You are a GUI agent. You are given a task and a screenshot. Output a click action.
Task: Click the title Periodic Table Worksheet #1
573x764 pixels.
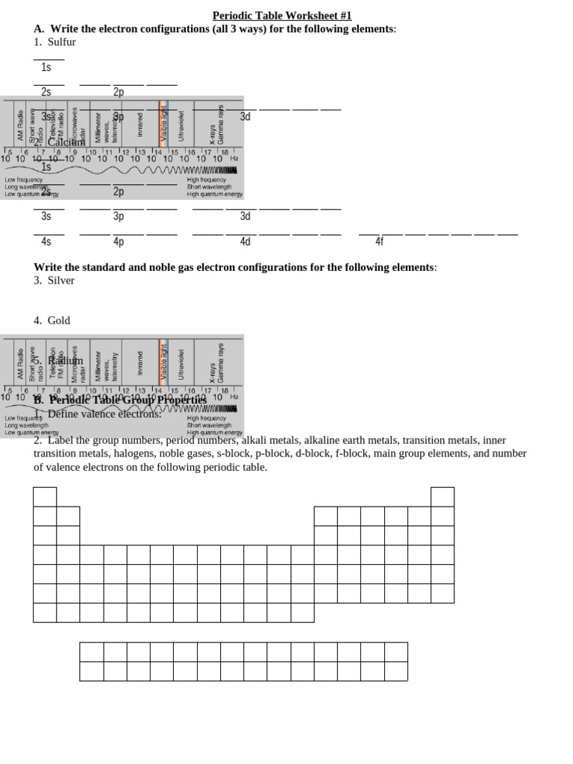tap(281, 16)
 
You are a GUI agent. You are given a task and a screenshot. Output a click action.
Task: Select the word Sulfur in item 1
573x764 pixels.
tap(61, 42)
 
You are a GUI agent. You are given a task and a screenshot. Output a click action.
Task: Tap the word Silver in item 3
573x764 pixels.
tap(61, 281)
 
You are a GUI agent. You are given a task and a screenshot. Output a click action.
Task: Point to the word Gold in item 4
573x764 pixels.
tap(59, 320)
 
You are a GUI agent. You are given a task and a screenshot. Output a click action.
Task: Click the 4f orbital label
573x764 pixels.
tap(379, 242)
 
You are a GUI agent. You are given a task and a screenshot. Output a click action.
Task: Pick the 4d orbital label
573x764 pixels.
tap(245, 242)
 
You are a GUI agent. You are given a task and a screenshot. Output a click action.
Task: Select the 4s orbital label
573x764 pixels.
tap(46, 242)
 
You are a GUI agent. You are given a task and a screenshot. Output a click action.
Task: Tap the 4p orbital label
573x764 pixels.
tap(119, 242)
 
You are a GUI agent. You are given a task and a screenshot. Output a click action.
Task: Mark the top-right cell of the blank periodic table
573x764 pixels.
tap(442, 496)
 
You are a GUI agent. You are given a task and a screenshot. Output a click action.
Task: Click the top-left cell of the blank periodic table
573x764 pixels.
tap(45, 496)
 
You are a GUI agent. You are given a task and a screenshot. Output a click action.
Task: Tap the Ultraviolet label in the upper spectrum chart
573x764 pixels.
tap(181, 125)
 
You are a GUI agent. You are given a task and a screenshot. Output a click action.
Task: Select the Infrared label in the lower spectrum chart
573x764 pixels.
tap(140, 363)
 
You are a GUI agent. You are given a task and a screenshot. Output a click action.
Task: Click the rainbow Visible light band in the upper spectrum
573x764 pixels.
tap(163, 121)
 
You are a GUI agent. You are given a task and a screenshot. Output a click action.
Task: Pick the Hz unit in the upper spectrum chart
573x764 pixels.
tap(234, 158)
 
